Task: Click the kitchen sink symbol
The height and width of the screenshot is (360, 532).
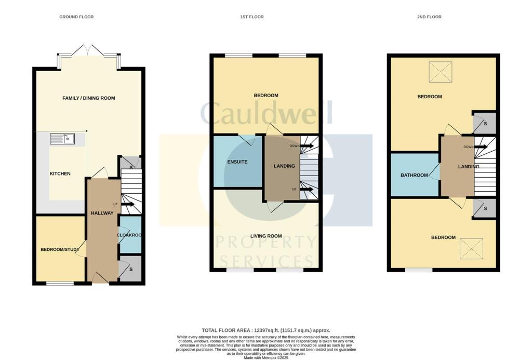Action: [62, 139]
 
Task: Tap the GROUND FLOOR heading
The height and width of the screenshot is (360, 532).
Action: [76, 17]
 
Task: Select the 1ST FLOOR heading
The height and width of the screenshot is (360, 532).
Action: [251, 17]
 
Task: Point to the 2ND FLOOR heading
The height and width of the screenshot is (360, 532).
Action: [429, 17]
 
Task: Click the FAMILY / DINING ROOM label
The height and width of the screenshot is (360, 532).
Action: [89, 98]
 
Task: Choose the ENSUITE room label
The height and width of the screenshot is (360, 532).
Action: [237, 162]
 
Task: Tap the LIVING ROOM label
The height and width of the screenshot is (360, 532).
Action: [266, 236]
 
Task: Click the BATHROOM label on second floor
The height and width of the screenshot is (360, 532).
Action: [414, 176]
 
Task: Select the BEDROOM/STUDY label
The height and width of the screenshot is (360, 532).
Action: [60, 250]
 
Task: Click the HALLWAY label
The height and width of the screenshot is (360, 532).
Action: [102, 214]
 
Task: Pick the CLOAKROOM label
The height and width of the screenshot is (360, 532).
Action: [130, 235]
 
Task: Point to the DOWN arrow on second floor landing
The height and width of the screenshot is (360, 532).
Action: [480, 147]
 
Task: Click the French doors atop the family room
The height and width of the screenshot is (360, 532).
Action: [89, 51]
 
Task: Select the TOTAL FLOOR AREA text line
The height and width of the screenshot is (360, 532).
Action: [265, 330]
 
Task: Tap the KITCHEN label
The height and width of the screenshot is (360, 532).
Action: [60, 174]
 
